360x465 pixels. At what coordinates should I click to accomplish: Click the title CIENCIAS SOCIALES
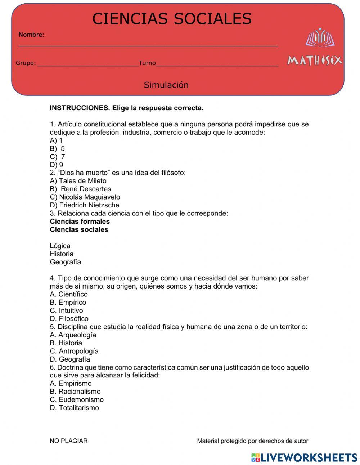pyautogui.click(x=172, y=19)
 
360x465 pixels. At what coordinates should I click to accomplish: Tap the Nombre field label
pyautogui.click(x=31, y=35)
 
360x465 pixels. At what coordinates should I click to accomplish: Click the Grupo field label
pyautogui.click(x=26, y=63)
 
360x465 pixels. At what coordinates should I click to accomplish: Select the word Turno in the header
pyautogui.click(x=147, y=63)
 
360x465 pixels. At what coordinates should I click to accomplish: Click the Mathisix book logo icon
pyautogui.click(x=320, y=38)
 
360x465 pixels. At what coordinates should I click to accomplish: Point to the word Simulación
pyautogui.click(x=166, y=85)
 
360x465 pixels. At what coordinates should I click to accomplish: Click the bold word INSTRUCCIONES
pyautogui.click(x=80, y=108)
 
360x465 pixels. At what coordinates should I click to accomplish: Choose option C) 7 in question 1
pyautogui.click(x=58, y=157)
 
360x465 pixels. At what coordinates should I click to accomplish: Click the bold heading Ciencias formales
pyautogui.click(x=80, y=222)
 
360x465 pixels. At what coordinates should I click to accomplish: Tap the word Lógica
pyautogui.click(x=60, y=246)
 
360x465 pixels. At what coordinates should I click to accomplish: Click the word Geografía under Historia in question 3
pyautogui.click(x=66, y=262)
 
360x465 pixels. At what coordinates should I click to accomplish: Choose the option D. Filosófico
pyautogui.click(x=69, y=319)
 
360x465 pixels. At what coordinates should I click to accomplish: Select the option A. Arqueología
pyautogui.click(x=73, y=335)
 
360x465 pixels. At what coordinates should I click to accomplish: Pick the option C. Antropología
pyautogui.click(x=74, y=351)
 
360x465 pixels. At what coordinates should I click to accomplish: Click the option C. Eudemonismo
pyautogui.click(x=77, y=400)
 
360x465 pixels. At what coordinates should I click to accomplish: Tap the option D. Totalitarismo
pyautogui.click(x=75, y=408)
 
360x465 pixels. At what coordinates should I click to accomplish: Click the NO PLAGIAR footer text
pyautogui.click(x=69, y=441)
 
